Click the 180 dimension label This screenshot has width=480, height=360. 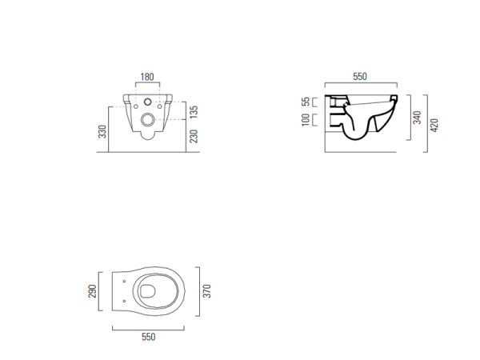tap(147, 77)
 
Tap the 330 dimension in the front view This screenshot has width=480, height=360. tap(102, 132)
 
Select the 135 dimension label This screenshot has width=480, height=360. tap(194, 112)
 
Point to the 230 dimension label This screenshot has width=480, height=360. tap(194, 136)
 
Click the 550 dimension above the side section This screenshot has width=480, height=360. tap(360, 77)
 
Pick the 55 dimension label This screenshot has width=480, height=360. tap(306, 102)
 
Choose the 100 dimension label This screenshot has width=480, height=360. tap(306, 119)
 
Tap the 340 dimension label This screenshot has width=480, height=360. tap(418, 118)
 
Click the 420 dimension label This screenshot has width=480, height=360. tap(434, 126)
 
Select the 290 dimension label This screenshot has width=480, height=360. tap(92, 291)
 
